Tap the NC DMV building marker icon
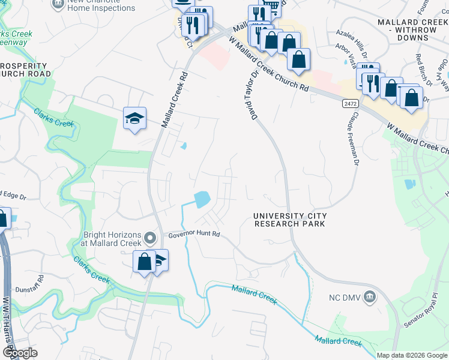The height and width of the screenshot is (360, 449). tap(371, 297)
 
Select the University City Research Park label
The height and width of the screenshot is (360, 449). tap(289, 220)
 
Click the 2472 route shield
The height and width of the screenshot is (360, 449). tap(351, 104)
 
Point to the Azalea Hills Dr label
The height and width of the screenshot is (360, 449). tap(352, 41)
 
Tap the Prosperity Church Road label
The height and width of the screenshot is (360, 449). tap(25, 69)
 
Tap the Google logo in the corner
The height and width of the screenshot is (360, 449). tap(19, 352)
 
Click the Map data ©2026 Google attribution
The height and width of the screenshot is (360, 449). tap(412, 355)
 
